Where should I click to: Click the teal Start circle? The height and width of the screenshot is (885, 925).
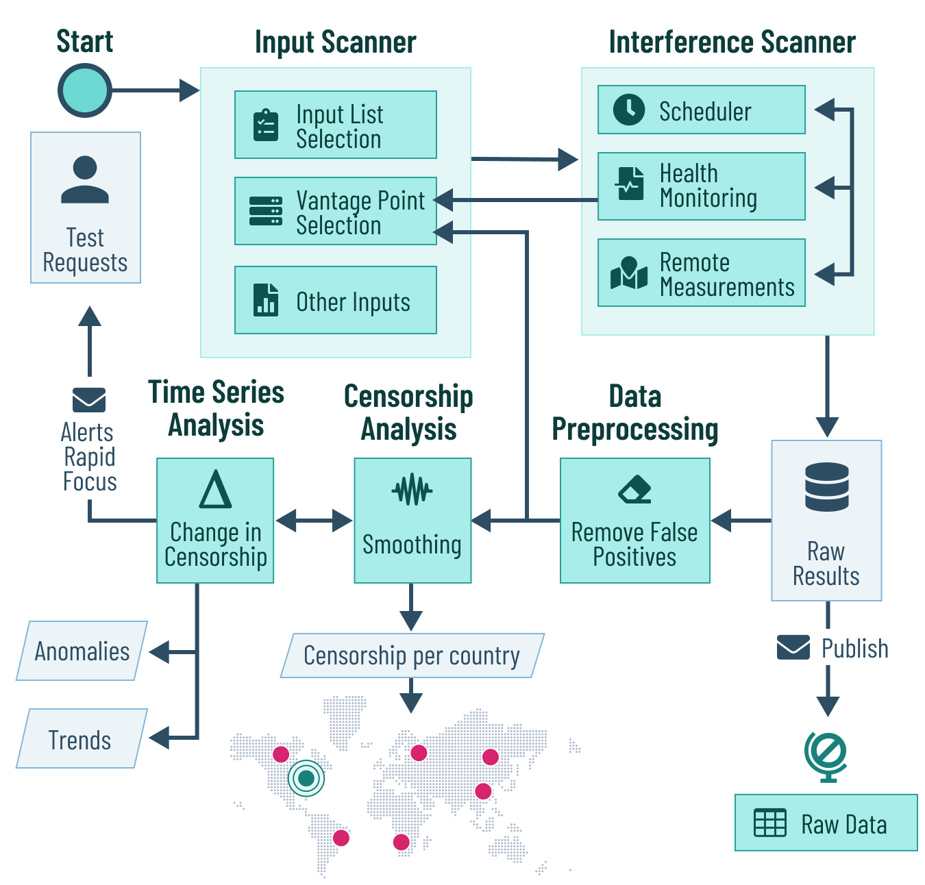click(84, 90)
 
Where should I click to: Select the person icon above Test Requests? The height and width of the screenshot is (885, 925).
click(85, 180)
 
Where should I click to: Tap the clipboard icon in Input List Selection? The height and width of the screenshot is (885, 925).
click(266, 125)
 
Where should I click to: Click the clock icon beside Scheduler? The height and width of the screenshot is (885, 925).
click(628, 110)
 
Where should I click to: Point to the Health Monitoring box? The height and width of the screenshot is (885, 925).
click(701, 186)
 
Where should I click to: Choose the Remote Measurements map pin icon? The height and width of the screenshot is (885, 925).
click(629, 272)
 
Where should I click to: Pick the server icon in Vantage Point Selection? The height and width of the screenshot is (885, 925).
click(266, 211)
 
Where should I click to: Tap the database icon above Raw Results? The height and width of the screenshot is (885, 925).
click(827, 487)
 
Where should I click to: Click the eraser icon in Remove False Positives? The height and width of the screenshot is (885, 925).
click(634, 489)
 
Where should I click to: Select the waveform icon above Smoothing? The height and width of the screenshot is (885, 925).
click(412, 490)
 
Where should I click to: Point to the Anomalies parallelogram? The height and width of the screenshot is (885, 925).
click(82, 651)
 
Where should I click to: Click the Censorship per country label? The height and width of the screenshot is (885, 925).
click(412, 656)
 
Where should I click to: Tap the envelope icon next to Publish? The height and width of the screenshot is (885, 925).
click(793, 647)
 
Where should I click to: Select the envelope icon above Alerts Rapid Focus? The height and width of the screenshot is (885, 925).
click(89, 400)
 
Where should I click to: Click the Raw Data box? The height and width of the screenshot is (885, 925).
click(826, 823)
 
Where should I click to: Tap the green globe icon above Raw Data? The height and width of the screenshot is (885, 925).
click(826, 756)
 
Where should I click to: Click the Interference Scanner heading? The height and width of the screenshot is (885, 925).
click(732, 42)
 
